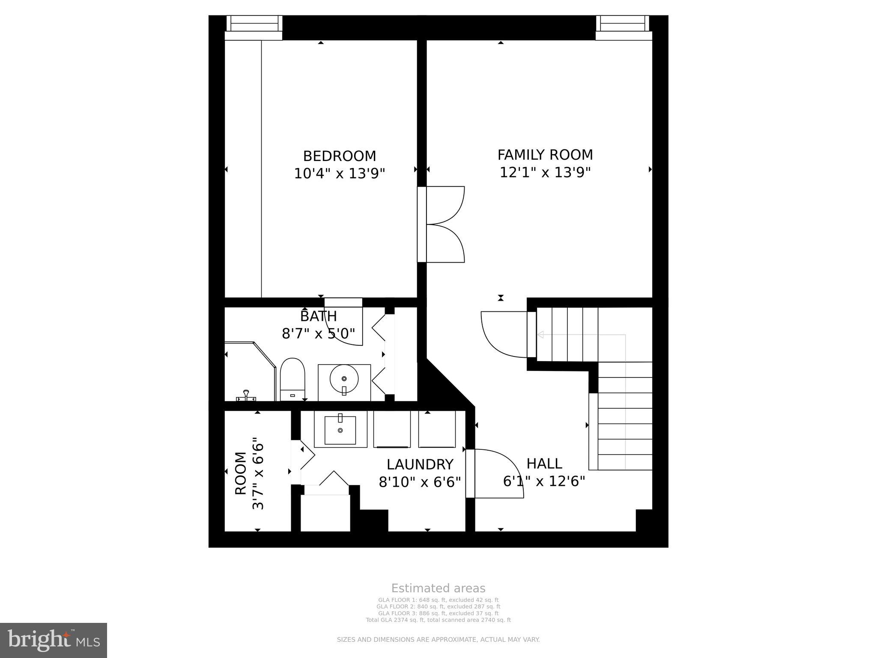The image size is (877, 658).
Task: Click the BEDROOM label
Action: [x=339, y=156]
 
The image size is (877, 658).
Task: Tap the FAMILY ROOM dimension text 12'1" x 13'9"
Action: [x=545, y=173]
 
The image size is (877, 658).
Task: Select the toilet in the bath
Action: [x=292, y=379]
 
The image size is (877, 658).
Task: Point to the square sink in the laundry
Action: [x=340, y=430]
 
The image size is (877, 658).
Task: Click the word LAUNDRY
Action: [x=420, y=464]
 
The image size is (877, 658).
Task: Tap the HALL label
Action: [x=544, y=464]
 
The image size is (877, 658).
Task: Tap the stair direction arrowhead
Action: [x=540, y=335]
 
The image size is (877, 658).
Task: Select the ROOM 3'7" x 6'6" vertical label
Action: [x=249, y=473]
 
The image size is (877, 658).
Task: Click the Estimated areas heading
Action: [x=438, y=588]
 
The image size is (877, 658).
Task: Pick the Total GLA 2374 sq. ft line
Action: [x=438, y=620]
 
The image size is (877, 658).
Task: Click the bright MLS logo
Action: [x=54, y=640]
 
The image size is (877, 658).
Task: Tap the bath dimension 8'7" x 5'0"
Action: [x=318, y=333]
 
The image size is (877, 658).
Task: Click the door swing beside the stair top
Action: [x=503, y=334]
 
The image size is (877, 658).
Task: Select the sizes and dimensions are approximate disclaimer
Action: [x=438, y=640]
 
